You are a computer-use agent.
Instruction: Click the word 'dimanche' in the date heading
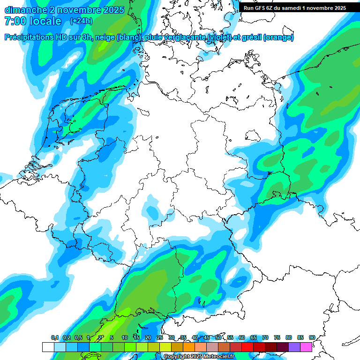[x=22, y=9]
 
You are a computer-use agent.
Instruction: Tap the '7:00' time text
[x=15, y=21]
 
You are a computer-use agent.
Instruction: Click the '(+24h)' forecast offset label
[x=81, y=21]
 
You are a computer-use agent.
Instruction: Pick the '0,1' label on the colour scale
[x=54, y=337]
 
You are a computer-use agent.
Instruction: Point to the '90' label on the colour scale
[x=312, y=337]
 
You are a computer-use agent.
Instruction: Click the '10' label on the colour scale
[x=125, y=337]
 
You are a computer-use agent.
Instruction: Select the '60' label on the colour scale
[x=242, y=337]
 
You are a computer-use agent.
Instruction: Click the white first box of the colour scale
[x=48, y=347]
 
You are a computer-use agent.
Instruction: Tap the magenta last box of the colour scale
[x=306, y=347]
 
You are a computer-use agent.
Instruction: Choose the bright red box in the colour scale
[x=247, y=347]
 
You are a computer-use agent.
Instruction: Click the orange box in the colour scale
[x=189, y=347]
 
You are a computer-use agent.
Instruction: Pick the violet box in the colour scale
[x=294, y=347]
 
